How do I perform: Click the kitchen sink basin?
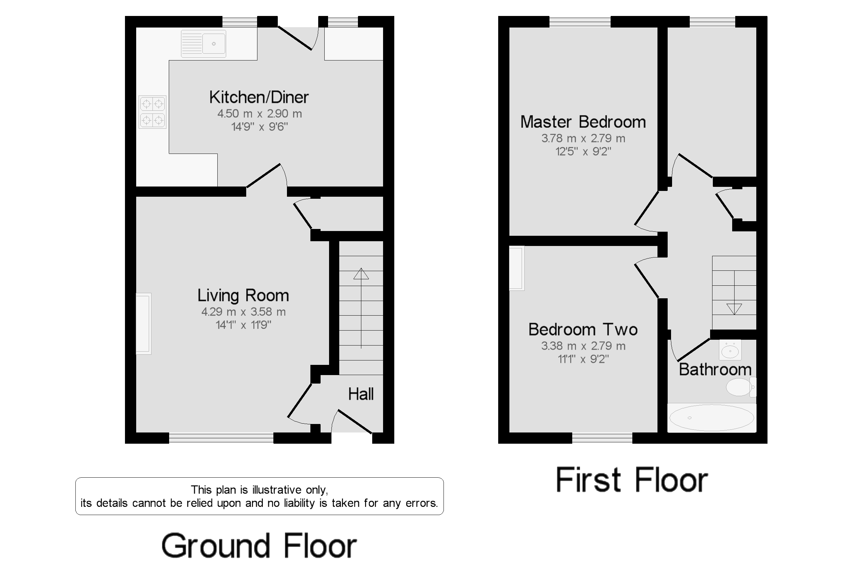pos(214,44)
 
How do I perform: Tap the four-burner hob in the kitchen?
pos(152,112)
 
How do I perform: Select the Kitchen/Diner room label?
pos(259,97)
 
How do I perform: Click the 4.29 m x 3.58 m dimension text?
pos(243,312)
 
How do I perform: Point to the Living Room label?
pos(243,295)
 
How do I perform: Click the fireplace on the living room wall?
pos(143,323)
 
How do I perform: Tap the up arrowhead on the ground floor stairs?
pos(361,274)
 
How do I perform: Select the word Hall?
pos(360,394)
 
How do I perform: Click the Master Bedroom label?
pos(583,122)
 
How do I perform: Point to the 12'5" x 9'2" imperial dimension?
pos(583,151)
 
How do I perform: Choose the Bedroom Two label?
pos(583,330)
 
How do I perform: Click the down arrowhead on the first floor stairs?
pos(734,308)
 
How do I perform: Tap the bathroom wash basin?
pos(730,350)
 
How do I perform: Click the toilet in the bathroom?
pos(740,387)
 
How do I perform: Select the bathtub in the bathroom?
pos(711,418)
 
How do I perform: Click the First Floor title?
pos(631,480)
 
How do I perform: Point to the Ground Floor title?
pos(259,545)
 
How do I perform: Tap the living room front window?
pos(221,438)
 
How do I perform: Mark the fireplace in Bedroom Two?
pos(516,268)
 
